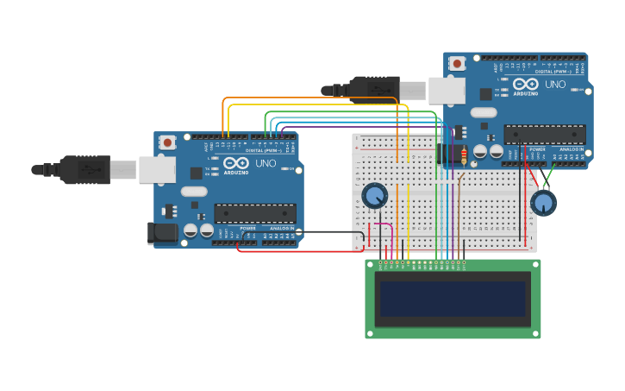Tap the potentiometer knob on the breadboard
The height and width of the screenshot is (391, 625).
[x=374, y=196]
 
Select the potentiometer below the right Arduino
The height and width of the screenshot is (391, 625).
[x=543, y=203]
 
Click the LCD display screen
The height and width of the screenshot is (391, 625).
[x=453, y=299]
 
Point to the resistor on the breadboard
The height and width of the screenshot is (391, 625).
[x=464, y=155]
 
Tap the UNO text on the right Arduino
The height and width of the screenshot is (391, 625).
[x=555, y=84]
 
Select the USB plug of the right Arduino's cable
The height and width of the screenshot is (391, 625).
[x=379, y=88]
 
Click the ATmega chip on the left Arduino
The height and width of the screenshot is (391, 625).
[x=255, y=213]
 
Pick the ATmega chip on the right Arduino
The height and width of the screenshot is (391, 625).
[x=545, y=134]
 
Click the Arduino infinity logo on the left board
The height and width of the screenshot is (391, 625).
[x=235, y=162]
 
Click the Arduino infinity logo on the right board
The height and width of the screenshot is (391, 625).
[x=525, y=84]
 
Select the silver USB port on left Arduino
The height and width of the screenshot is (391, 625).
[x=157, y=169]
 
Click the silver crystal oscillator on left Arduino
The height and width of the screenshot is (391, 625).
[x=194, y=192]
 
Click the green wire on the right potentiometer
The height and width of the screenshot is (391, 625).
[x=550, y=179]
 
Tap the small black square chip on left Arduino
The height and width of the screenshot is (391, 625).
[x=197, y=173]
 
